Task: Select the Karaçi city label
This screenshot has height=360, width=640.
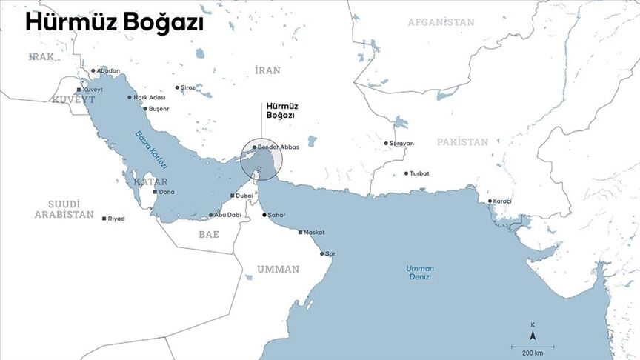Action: [502, 201]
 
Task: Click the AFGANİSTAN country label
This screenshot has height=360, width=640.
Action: [441, 22]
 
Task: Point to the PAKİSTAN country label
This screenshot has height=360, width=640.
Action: [461, 141]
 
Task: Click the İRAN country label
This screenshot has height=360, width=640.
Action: [267, 70]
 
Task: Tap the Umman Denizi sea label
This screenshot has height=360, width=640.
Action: [419, 272]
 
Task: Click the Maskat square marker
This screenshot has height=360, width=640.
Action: [301, 232]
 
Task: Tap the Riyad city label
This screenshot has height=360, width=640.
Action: [116, 219]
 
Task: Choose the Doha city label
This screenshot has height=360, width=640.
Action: [167, 192]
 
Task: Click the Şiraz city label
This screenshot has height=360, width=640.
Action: [188, 87]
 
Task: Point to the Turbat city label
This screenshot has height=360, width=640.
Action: [419, 173]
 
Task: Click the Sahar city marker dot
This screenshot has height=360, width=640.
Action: [264, 215]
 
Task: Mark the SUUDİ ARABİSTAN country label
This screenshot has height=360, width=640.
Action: [64, 209]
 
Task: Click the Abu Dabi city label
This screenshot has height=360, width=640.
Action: [227, 215]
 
